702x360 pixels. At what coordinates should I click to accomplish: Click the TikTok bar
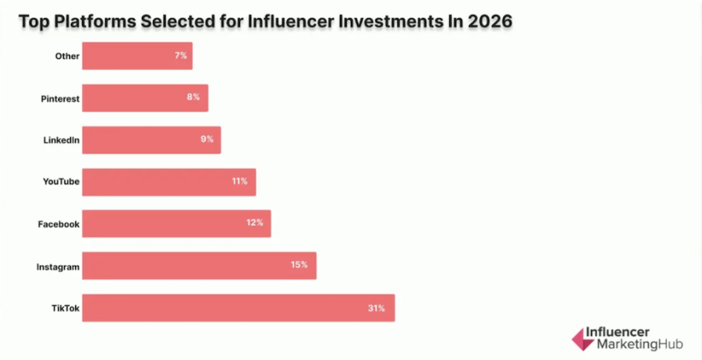pyautogui.click(x=238, y=307)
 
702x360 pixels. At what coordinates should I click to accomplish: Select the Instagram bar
pyautogui.click(x=199, y=266)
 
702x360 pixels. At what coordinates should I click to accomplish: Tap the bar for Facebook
pyautogui.click(x=176, y=224)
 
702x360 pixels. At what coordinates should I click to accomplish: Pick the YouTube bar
pyautogui.click(x=168, y=182)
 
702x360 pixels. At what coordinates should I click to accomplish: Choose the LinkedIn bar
pyautogui.click(x=151, y=140)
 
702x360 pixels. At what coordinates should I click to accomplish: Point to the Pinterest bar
pyautogui.click(x=144, y=98)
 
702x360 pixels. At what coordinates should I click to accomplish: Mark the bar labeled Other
pyautogui.click(x=136, y=56)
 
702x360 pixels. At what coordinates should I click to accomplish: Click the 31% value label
pyautogui.click(x=377, y=307)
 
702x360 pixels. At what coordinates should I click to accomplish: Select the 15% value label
pyautogui.click(x=298, y=266)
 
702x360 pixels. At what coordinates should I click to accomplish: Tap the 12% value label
pyautogui.click(x=254, y=224)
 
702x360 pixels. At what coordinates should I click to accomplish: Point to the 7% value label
pyautogui.click(x=181, y=56)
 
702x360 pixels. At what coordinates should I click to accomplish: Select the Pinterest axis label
pyautogui.click(x=60, y=98)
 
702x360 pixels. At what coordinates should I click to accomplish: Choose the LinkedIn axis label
pyautogui.click(x=61, y=140)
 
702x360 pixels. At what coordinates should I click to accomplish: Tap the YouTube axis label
pyautogui.click(x=61, y=182)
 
